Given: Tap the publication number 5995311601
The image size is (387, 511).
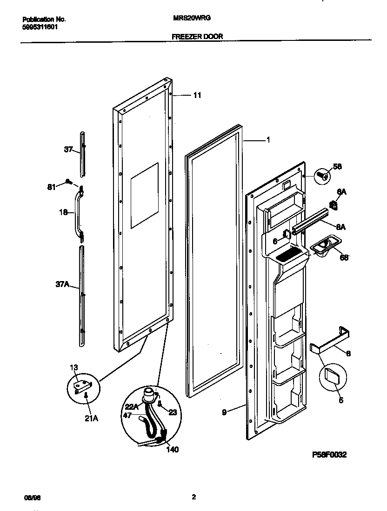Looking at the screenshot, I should coord(40,27).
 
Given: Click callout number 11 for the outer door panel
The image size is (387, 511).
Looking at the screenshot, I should coord(197,95).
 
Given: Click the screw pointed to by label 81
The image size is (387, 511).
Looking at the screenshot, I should coord(69,181).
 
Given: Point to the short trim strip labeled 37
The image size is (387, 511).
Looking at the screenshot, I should coord(82,153).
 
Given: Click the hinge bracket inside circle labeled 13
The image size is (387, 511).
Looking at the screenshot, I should coord(83,384).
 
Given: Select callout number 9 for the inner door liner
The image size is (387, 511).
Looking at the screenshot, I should coord(224,412).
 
